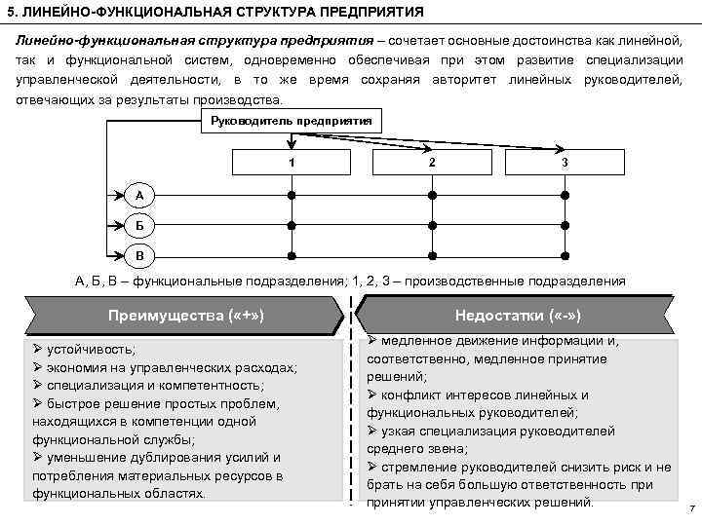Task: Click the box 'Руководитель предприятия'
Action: [x=290, y=122]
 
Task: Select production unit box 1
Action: [x=291, y=161]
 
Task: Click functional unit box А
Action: [x=139, y=195]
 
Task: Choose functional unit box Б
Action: [x=139, y=226]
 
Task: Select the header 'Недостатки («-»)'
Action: [x=518, y=316]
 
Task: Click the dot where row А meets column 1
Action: [x=291, y=195]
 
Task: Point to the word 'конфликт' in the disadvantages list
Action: [x=415, y=395]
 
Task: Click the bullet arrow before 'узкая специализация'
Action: [x=373, y=431]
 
